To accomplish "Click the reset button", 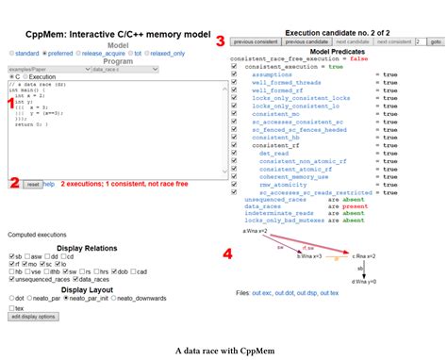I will (x=32, y=184).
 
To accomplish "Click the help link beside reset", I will (x=49, y=184).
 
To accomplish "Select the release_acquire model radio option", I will (x=109, y=53).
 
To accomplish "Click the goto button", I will (x=436, y=42).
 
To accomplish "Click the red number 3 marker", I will (x=221, y=41).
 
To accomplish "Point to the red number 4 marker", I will (x=227, y=226).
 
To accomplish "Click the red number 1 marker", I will (x=10, y=100).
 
